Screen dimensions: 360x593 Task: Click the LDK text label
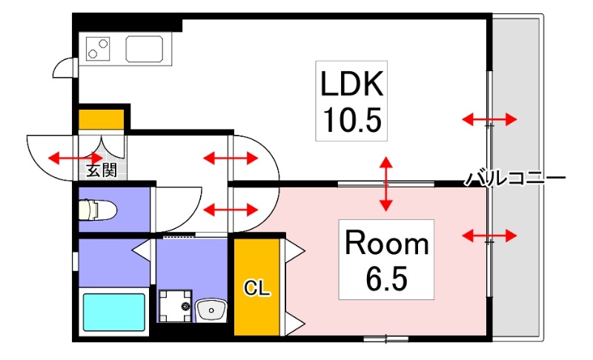pyautogui.click(x=351, y=84)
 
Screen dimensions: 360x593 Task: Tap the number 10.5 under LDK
pyautogui.click(x=351, y=118)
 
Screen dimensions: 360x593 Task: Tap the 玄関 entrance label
pyautogui.click(x=102, y=170)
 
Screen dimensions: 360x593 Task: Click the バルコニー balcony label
pyautogui.click(x=515, y=179)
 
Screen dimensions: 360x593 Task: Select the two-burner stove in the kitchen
pyautogui.click(x=99, y=48)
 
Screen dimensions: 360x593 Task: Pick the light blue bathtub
pyautogui.click(x=114, y=312)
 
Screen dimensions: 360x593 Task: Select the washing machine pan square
pyautogui.click(x=175, y=306)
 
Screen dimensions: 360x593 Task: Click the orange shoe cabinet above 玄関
pyautogui.click(x=102, y=119)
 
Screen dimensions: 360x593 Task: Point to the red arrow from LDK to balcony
pyautogui.click(x=489, y=119)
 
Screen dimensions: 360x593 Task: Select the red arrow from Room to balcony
pyautogui.click(x=489, y=236)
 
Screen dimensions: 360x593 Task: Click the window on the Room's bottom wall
pyautogui.click(x=386, y=339)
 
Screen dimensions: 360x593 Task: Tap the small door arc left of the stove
pyautogui.click(x=64, y=69)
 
